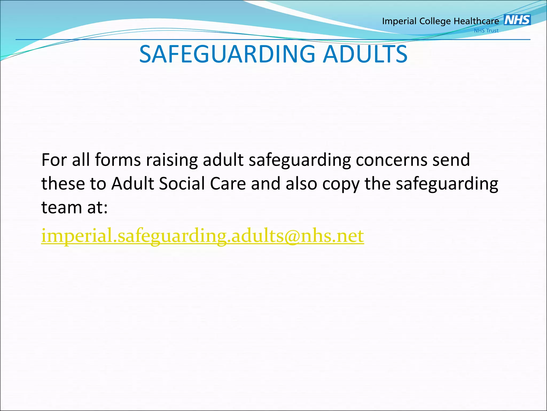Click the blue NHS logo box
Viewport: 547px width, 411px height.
point(517,20)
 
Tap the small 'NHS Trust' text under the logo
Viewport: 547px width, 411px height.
point(486,31)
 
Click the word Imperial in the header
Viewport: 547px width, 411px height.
point(399,21)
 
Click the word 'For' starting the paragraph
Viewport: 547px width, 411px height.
point(54,160)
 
